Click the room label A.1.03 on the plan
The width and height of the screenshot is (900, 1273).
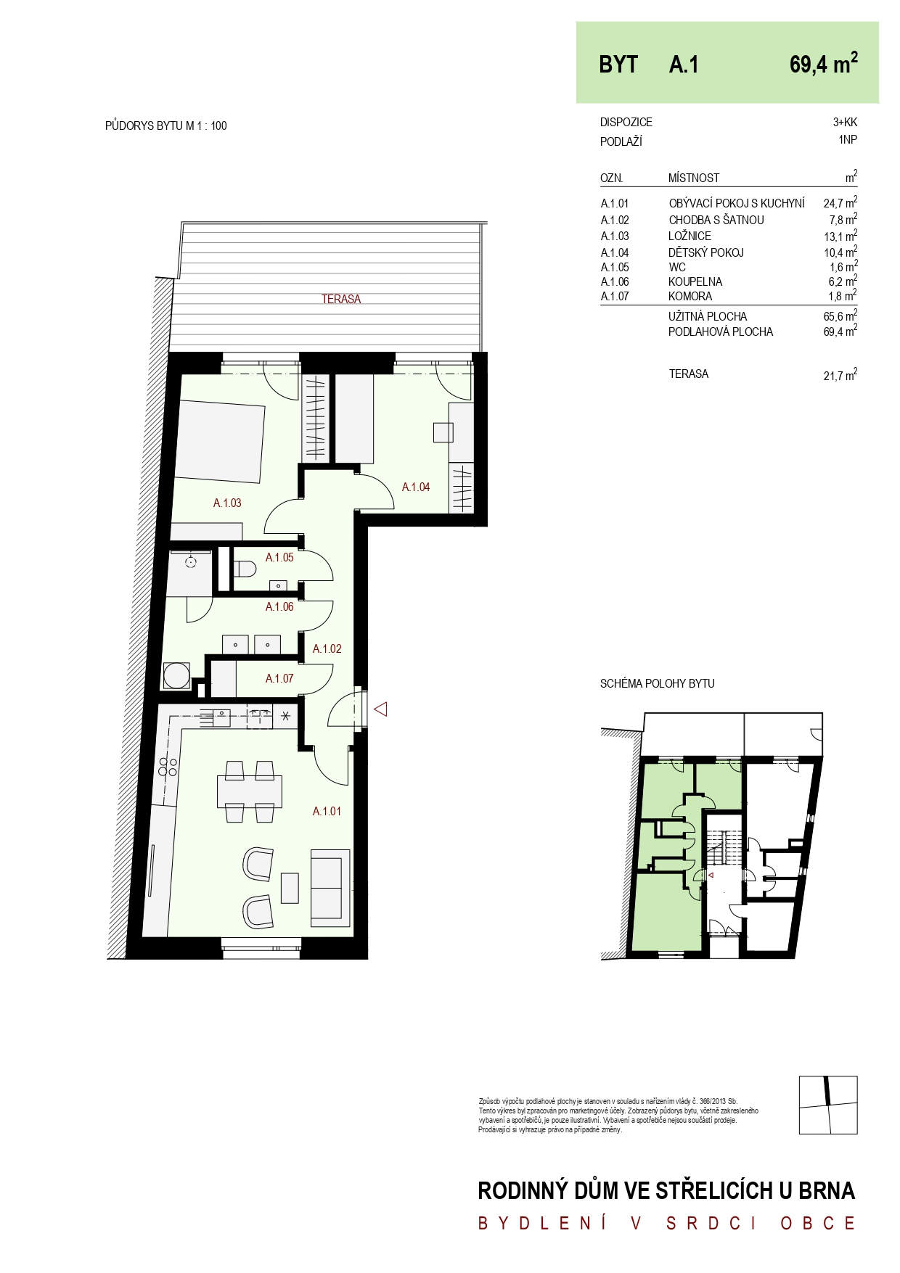point(227,503)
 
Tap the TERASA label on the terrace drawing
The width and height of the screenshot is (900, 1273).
point(341,299)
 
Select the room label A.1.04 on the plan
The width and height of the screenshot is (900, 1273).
point(416,487)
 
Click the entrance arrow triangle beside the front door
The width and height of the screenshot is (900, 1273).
point(380,709)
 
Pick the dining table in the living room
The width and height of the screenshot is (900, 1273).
point(250,791)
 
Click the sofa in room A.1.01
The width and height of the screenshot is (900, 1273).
point(330,887)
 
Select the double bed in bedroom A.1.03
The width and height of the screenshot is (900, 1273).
point(219,442)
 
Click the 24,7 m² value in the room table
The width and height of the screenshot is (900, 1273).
point(840,202)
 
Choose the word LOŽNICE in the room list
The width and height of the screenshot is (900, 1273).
point(690,236)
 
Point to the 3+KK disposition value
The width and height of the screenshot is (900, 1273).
point(845,122)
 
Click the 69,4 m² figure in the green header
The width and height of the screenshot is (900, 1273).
point(824,63)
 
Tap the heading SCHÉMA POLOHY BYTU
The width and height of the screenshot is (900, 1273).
point(657,683)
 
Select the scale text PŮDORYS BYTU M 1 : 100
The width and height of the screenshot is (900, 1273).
point(166,125)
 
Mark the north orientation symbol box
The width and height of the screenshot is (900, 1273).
point(828,1105)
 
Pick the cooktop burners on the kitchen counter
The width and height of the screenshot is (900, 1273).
point(168,767)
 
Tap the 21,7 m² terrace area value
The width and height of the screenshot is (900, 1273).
point(840,375)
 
